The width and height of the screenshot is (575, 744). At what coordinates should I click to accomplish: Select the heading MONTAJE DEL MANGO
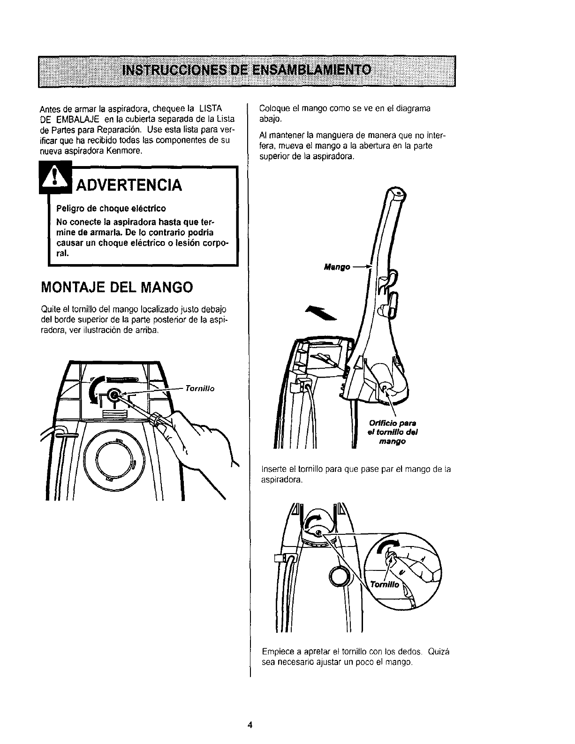[117, 287]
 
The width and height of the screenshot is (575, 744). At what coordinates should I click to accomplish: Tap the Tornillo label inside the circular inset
[385, 585]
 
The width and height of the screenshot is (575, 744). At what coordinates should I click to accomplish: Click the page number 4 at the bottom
[250, 725]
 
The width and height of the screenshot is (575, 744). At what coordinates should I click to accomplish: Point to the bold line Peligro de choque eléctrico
[111, 208]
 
